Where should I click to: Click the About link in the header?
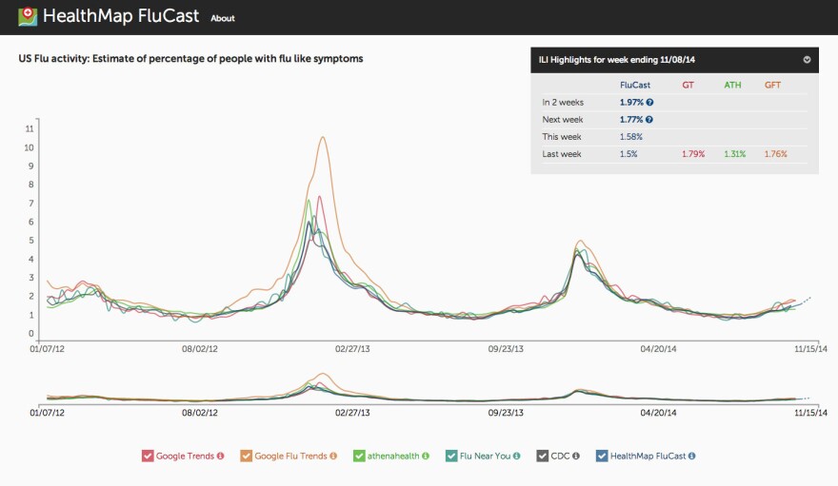(223, 18)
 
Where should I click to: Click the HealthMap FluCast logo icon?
(28, 17)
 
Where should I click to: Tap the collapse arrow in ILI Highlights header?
(807, 60)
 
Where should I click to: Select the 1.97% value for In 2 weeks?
(632, 102)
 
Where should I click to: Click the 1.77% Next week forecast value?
(632, 120)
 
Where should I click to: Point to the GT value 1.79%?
(693, 154)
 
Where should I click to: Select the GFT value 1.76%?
(775, 154)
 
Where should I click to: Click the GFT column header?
(772, 85)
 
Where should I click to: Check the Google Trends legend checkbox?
(148, 456)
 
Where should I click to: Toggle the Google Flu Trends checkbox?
(247, 456)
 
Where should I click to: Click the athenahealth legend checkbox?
(360, 456)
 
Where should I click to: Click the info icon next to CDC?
(576, 456)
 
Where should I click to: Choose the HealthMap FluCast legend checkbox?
(602, 456)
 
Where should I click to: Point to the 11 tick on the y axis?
(30, 128)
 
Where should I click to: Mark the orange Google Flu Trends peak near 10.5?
(323, 137)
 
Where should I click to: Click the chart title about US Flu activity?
(190, 59)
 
